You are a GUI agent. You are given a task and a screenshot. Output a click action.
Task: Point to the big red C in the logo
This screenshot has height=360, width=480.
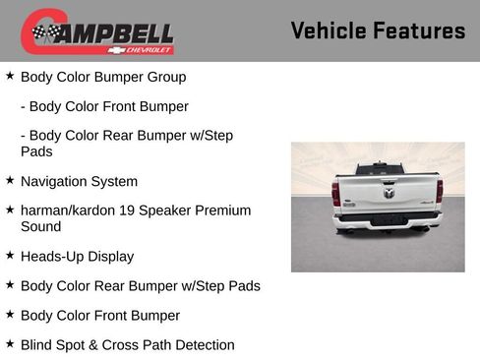pos(35,31)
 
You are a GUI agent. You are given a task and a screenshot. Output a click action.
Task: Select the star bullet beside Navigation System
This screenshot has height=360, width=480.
pos(10,181)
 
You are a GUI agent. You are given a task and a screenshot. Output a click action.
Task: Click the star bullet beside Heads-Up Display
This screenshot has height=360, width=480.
pos(10,256)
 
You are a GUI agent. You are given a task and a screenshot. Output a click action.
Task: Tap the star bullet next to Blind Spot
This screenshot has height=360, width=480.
pos(10,344)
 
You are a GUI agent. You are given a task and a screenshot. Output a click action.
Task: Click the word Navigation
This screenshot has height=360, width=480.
pos(57,182)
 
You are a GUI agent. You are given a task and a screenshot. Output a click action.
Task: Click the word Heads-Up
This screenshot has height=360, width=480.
pos(52,257)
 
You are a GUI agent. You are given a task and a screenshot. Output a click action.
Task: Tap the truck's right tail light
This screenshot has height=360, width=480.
pos(439,191)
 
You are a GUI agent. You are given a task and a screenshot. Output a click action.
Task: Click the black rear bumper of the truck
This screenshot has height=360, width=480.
pos(387,217)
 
